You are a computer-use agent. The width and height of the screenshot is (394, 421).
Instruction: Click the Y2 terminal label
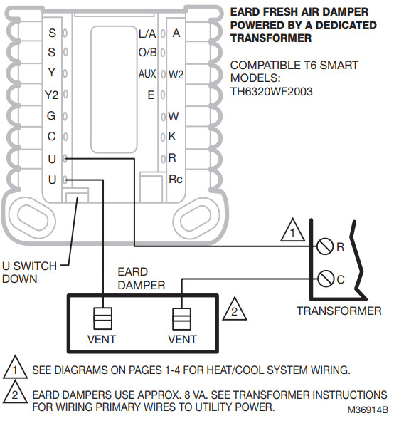[51, 94]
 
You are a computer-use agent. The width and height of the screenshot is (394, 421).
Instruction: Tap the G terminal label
[51, 115]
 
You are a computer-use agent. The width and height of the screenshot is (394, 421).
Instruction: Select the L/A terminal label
[147, 33]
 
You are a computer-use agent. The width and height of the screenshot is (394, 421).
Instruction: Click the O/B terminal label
[147, 53]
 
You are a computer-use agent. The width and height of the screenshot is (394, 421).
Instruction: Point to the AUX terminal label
[147, 73]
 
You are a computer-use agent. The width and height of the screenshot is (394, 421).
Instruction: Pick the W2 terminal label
[176, 73]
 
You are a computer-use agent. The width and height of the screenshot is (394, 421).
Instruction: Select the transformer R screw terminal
[324, 246]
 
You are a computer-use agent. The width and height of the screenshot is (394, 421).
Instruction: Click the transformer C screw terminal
[324, 279]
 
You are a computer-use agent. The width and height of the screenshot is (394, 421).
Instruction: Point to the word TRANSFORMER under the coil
[339, 311]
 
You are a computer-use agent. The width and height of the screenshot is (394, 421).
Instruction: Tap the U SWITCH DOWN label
[29, 272]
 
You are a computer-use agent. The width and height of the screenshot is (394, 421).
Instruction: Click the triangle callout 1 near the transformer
[292, 231]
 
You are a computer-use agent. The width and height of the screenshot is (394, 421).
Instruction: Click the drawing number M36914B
[368, 411]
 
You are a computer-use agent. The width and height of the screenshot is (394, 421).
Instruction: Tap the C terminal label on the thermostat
[51, 135]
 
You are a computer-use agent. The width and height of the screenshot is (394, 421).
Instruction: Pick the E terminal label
[151, 94]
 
